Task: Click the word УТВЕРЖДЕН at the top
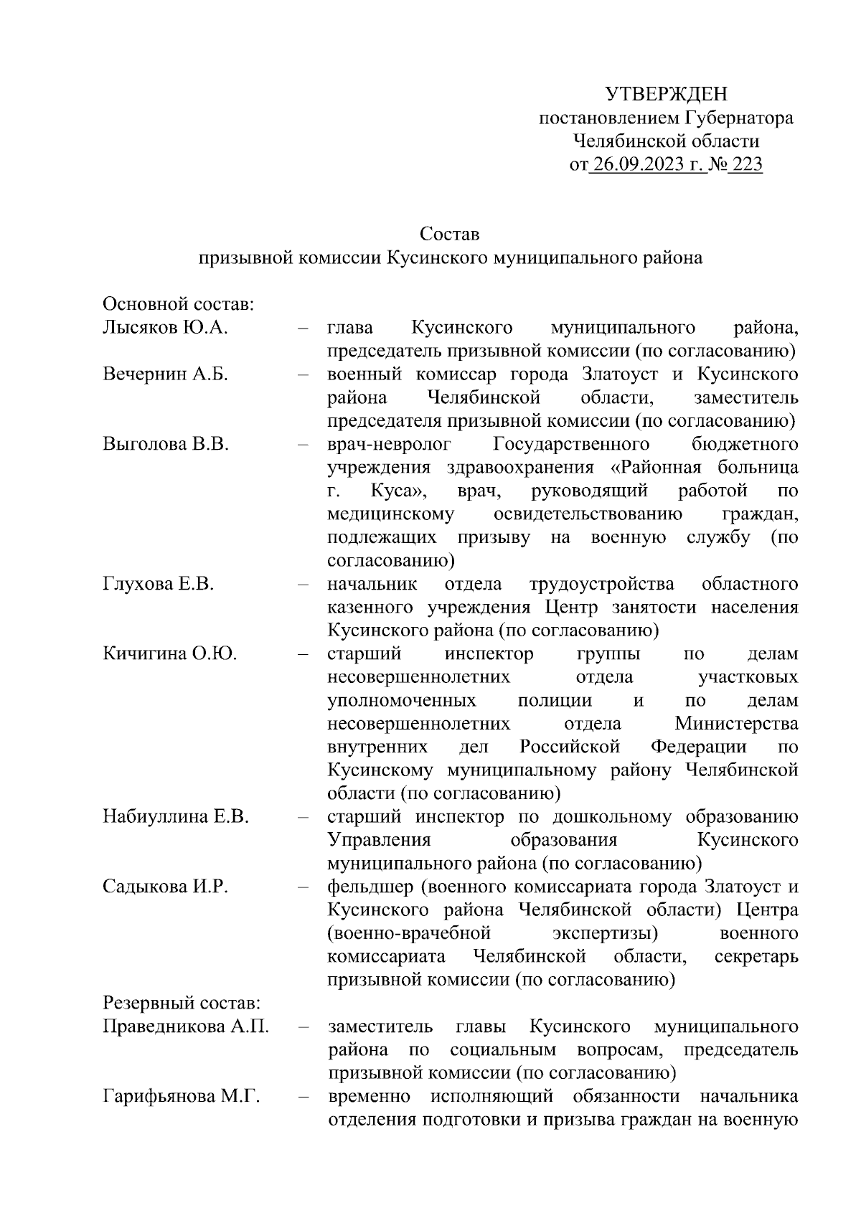666,94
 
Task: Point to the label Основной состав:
179,304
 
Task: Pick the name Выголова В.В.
166,444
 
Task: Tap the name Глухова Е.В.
159,584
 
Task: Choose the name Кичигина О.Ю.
170,653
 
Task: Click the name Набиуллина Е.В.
176,816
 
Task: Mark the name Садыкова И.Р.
165,887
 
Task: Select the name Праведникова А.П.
186,1026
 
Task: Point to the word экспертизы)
606,933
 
